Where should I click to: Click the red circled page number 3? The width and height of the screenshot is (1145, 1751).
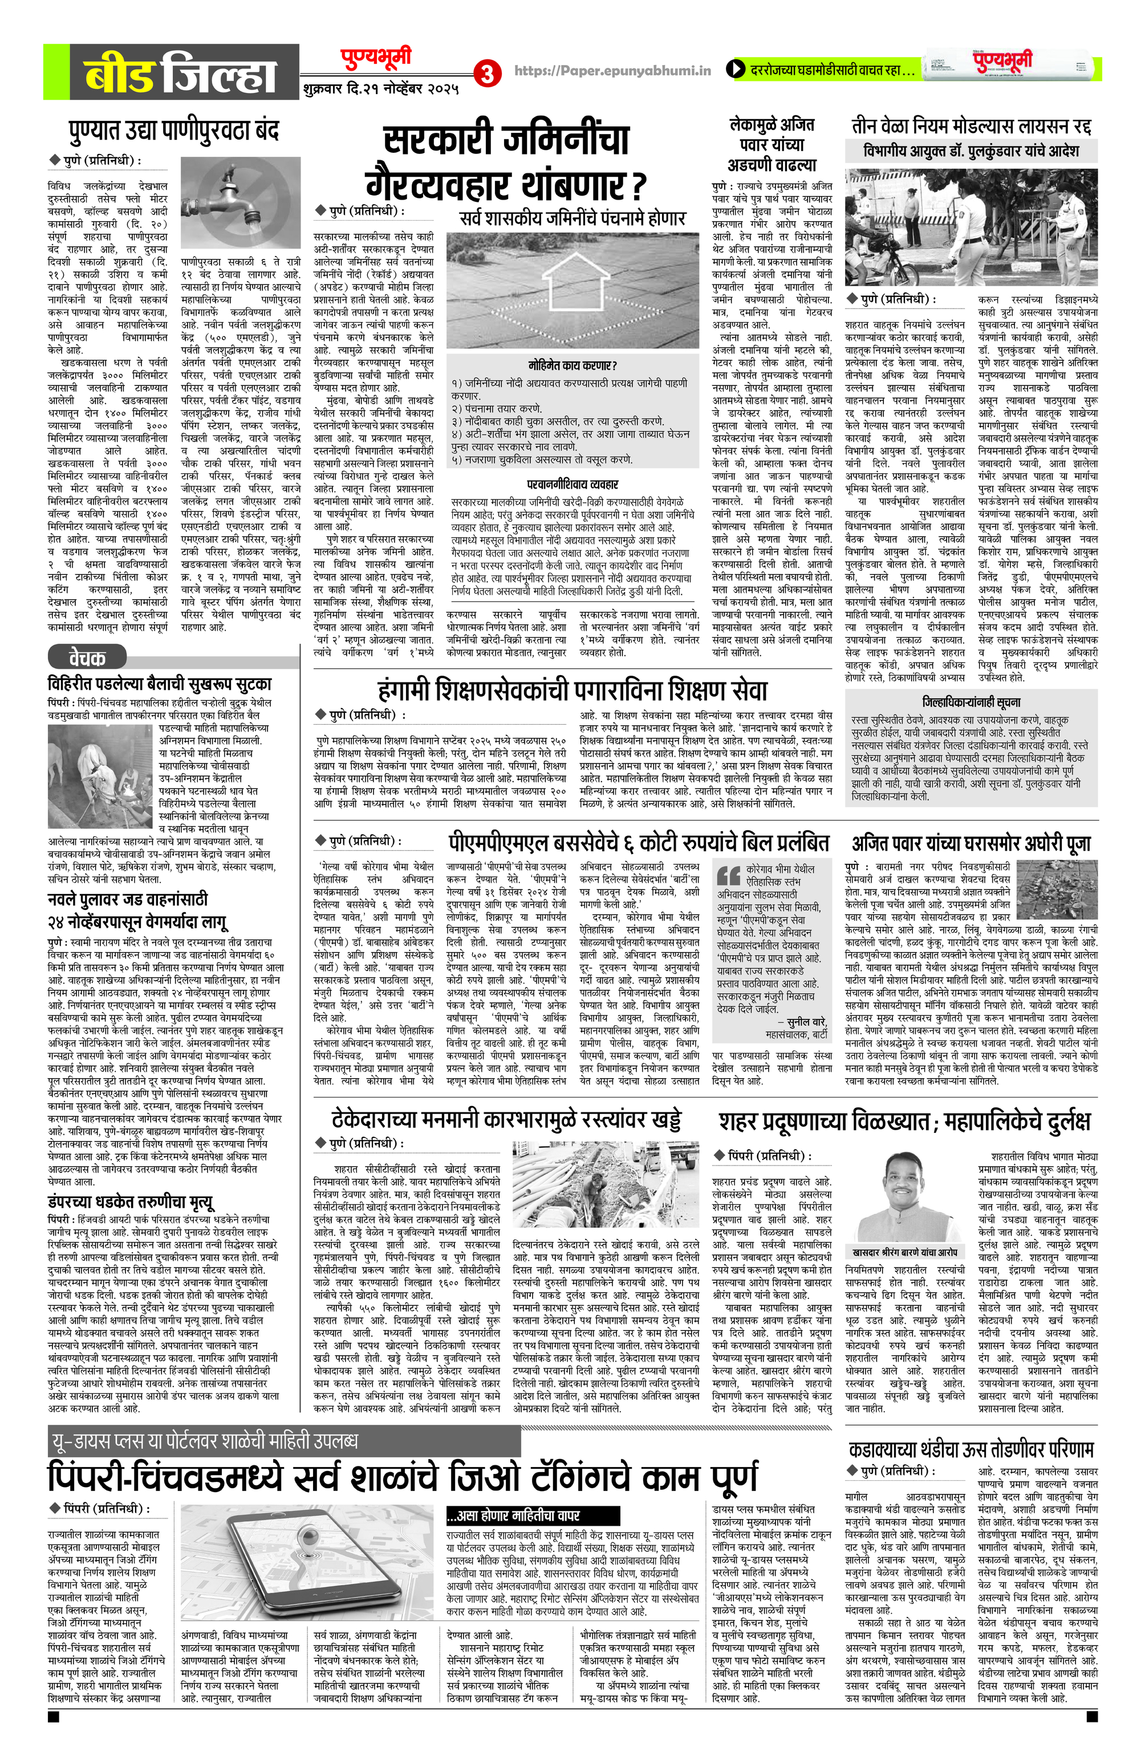(486, 73)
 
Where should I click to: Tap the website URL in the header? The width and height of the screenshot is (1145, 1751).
(612, 71)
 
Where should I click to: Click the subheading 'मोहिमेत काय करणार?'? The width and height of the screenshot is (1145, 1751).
(572, 365)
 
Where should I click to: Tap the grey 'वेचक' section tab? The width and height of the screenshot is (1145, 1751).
(87, 656)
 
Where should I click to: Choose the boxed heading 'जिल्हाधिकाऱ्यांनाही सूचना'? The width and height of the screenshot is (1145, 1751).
(971, 702)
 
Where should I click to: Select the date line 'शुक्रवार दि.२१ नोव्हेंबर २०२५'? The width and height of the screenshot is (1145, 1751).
(380, 89)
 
